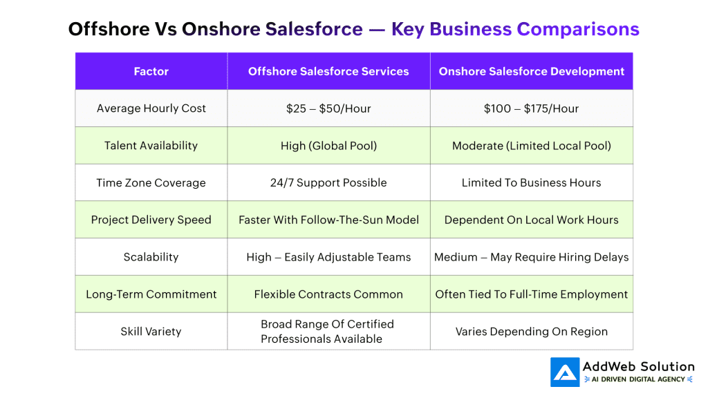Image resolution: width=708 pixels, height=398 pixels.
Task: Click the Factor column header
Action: pos(151,71)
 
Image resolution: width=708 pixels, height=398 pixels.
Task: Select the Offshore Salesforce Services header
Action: pos(328,71)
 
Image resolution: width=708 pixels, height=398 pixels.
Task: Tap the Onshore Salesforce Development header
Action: pos(532,71)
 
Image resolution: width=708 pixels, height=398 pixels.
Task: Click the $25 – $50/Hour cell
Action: pos(328,108)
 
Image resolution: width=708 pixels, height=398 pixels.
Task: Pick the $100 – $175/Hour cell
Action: pos(531,108)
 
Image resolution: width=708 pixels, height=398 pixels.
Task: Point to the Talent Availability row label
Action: pos(151,145)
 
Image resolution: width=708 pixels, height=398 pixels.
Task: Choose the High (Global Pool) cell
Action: pos(328,146)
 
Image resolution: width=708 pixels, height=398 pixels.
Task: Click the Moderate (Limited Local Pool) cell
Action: pos(532,146)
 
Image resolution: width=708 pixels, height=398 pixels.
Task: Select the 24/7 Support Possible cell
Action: pos(328,182)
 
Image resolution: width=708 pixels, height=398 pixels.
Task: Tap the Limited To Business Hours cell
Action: pos(531,182)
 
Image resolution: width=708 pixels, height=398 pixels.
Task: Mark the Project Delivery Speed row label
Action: pos(151,220)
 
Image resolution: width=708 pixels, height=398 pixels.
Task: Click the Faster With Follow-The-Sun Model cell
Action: pos(328,220)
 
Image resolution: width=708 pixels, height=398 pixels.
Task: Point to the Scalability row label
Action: pos(151,257)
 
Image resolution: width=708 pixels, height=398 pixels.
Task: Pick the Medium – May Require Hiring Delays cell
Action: pos(532,257)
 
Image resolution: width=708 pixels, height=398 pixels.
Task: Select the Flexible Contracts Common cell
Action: pos(328,294)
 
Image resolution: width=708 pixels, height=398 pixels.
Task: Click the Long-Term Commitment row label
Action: pos(151,294)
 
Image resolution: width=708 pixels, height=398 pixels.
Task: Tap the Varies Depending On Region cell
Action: pos(532,332)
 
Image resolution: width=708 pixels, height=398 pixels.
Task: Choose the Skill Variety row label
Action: pos(151,332)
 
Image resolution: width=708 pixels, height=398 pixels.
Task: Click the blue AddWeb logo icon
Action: pos(565,372)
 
